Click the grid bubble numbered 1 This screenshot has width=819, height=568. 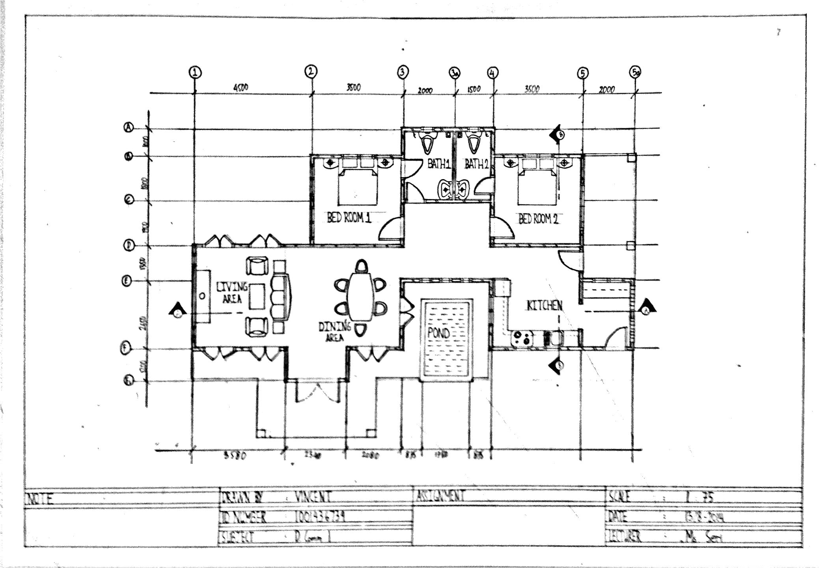tap(195, 72)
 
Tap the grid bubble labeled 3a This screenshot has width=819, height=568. tap(455, 73)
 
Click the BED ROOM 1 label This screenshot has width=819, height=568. tap(349, 217)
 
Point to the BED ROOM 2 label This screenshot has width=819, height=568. tap(538, 219)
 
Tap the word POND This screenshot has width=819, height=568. tap(438, 333)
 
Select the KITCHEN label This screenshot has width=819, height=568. tap(545, 305)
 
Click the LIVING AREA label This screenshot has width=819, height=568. tap(232, 293)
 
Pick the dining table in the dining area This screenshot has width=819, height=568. tap(360, 297)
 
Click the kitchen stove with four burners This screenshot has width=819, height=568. tap(522, 338)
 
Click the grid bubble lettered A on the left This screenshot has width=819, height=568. tap(129, 127)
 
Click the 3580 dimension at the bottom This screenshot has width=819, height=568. tap(235, 456)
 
